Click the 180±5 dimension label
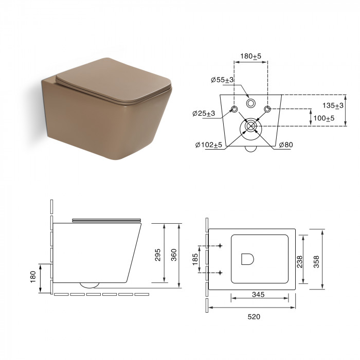pyautogui.click(x=250, y=56)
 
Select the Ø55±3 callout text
pyautogui.click(x=222, y=80)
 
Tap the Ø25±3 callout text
pyautogui.click(x=204, y=113)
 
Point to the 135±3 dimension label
pyautogui.click(x=333, y=105)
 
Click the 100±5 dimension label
pyautogui.click(x=324, y=118)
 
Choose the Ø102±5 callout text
pyautogui.click(x=209, y=145)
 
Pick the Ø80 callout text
pyautogui.click(x=286, y=145)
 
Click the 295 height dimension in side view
pyautogui.click(x=158, y=255)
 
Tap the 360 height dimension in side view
pyautogui.click(x=174, y=255)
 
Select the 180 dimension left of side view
pyautogui.click(x=33, y=277)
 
